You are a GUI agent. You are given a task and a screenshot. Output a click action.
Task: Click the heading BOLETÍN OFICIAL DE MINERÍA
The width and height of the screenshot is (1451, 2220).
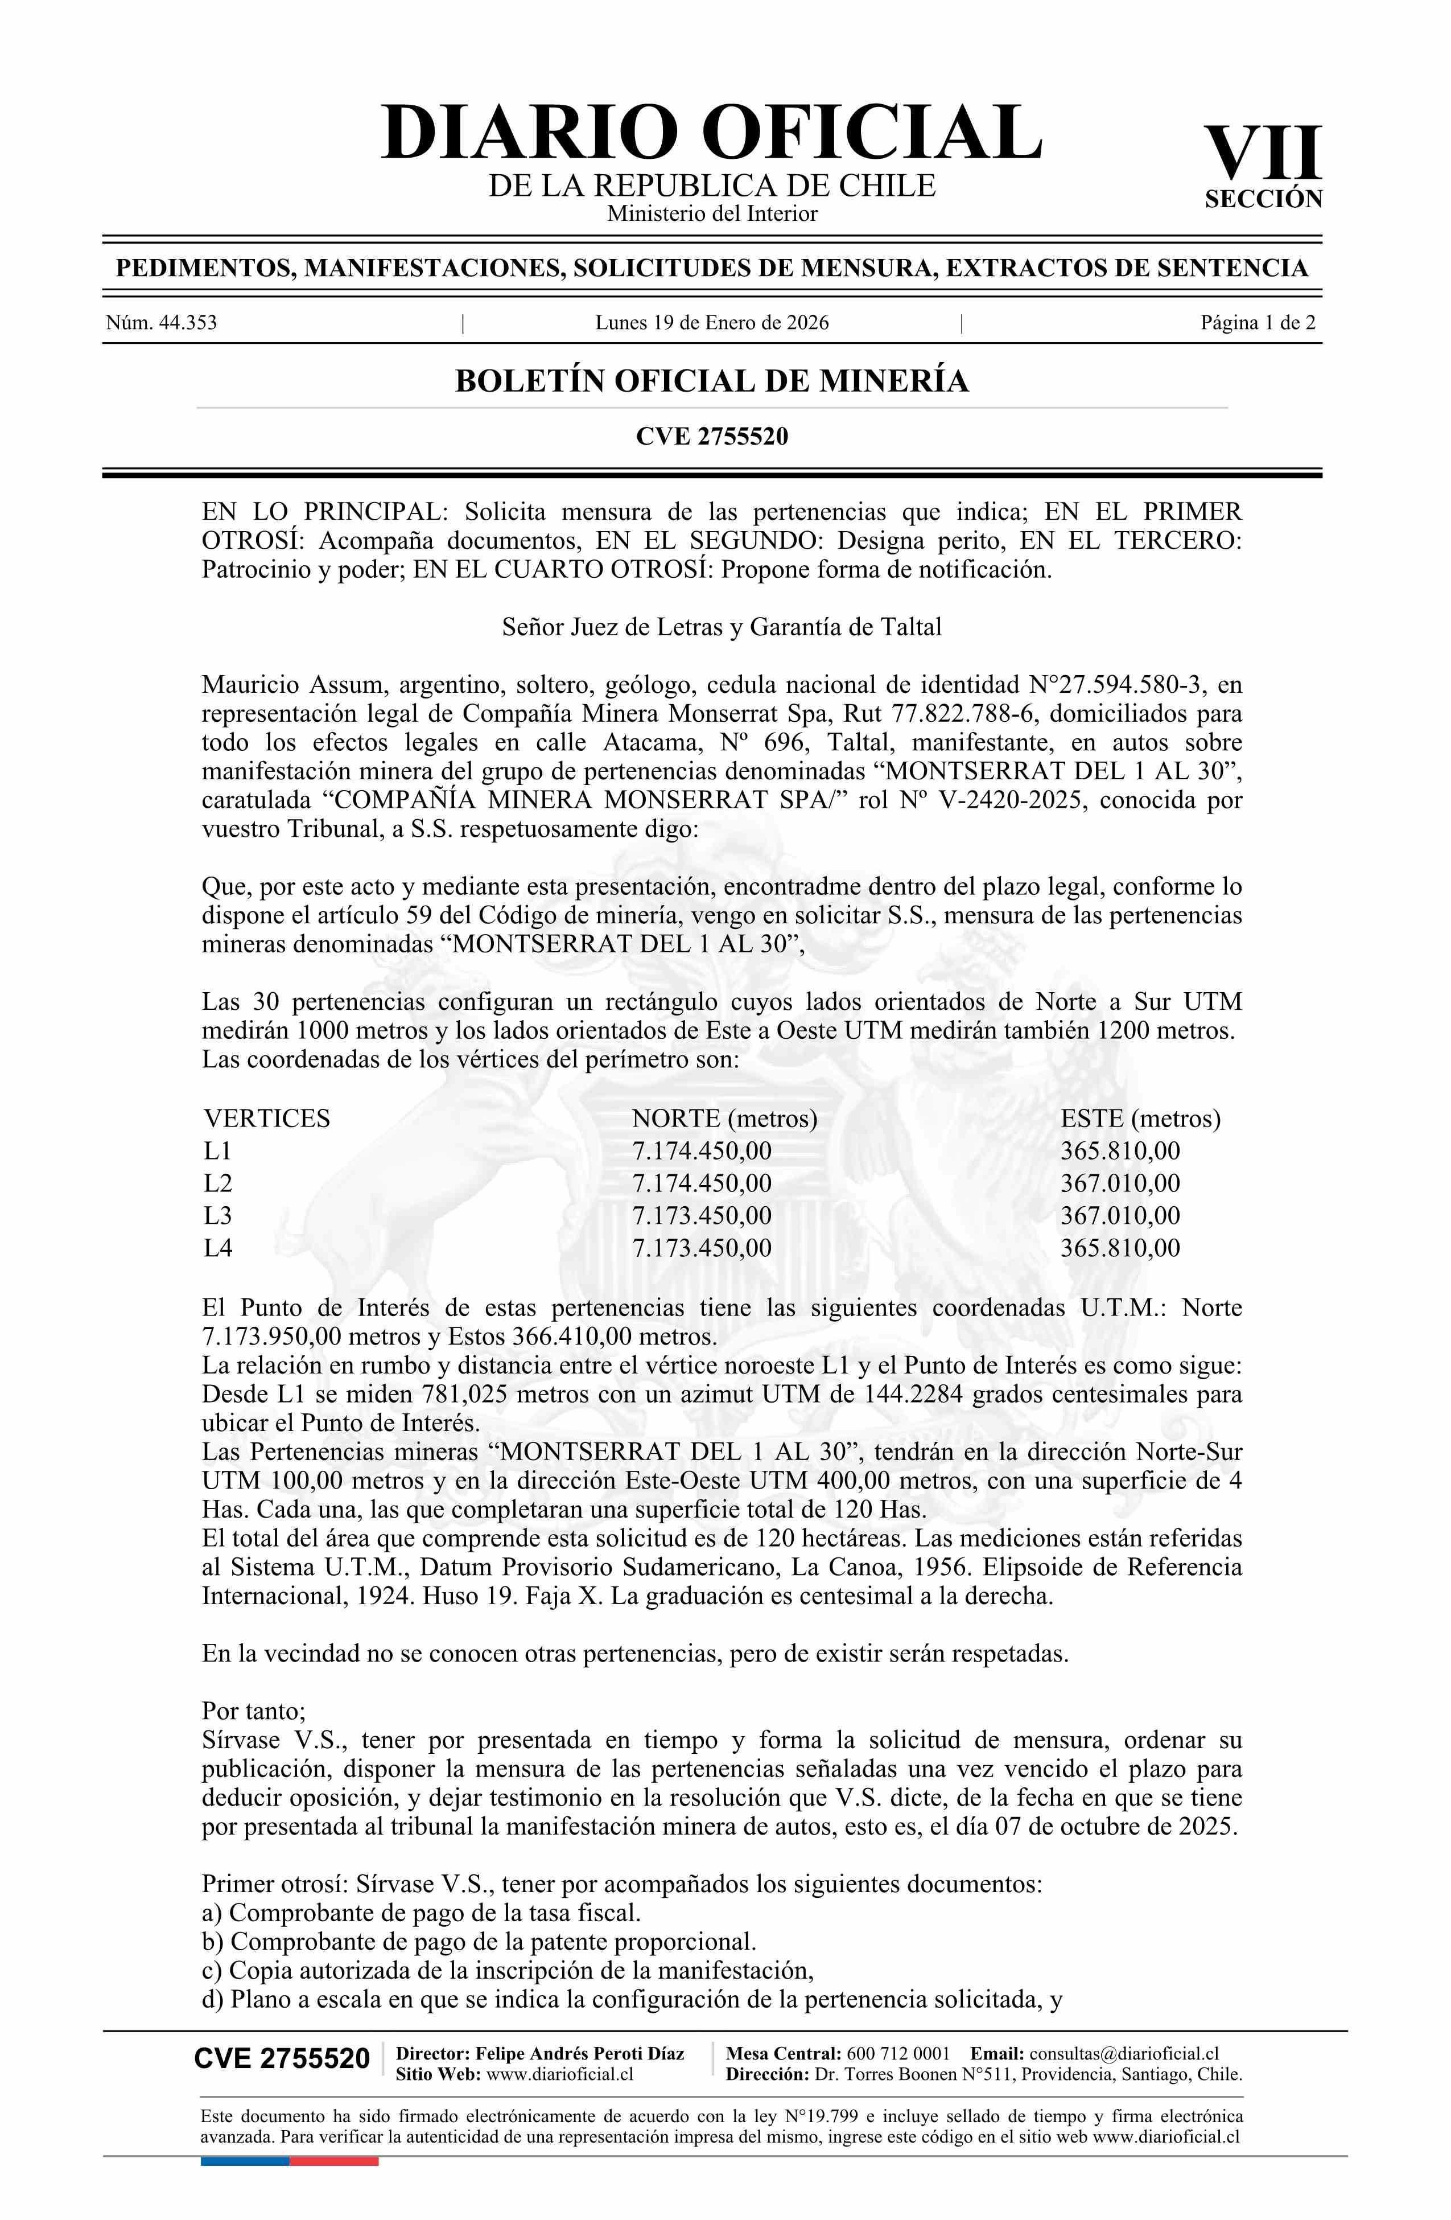[x=711, y=381]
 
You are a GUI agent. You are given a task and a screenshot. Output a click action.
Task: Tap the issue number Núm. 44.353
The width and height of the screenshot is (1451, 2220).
[x=162, y=324]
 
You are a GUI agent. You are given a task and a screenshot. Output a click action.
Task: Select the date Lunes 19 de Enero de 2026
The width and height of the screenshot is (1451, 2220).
[x=711, y=324]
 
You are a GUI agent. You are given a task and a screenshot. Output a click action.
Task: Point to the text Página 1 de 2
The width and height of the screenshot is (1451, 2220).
[x=1258, y=324]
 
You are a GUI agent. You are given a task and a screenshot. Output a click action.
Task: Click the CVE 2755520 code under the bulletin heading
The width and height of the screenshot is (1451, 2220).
[x=711, y=435]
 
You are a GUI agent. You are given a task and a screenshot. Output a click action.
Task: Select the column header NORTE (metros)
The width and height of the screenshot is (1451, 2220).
[x=724, y=1119]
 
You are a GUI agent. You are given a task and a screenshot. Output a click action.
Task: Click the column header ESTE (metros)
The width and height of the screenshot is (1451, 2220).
[x=1140, y=1119]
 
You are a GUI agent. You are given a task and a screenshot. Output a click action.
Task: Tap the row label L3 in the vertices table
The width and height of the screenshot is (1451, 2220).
[x=218, y=1215]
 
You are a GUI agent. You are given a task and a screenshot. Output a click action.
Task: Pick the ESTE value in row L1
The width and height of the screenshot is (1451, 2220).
[x=1120, y=1151]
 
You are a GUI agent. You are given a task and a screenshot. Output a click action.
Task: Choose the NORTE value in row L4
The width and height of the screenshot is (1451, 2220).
[x=701, y=1248]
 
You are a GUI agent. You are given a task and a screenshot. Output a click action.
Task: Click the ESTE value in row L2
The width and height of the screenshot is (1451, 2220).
[x=1120, y=1183]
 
